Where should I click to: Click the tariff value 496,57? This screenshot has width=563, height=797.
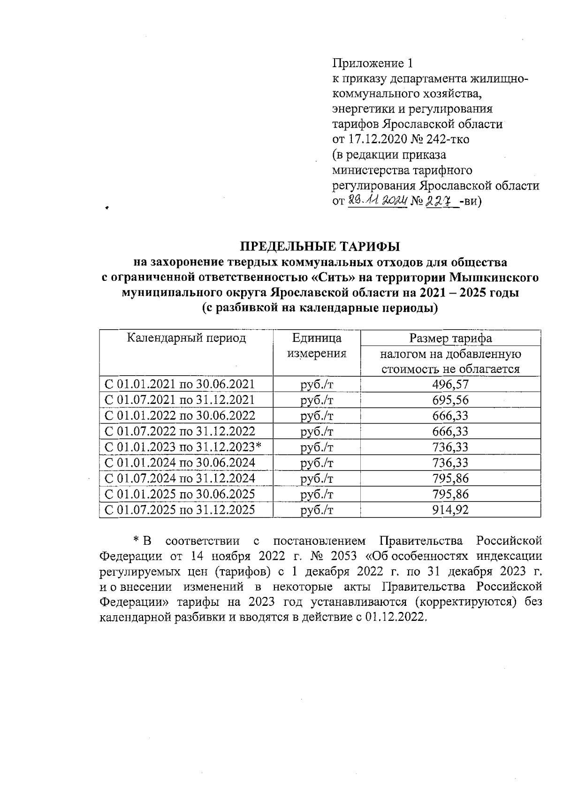click(450, 384)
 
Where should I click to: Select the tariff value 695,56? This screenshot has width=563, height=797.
click(450, 400)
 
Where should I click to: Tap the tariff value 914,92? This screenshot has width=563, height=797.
click(450, 510)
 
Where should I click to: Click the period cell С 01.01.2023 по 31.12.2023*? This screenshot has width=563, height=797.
click(183, 447)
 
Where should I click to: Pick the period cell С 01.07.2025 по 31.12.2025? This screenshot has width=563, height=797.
click(180, 510)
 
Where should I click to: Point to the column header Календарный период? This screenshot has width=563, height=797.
click(186, 338)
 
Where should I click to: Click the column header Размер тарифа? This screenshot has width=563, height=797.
click(450, 338)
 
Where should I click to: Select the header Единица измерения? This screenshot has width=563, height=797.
click(317, 346)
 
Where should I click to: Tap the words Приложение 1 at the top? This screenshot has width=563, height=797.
click(373, 63)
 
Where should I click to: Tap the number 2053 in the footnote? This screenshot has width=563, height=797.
click(344, 556)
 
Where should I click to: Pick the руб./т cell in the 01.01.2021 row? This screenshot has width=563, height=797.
click(317, 384)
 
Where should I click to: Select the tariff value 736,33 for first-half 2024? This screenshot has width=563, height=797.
click(450, 463)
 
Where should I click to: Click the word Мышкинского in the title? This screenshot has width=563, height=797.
click(494, 277)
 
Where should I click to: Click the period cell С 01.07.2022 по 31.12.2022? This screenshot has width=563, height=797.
click(180, 431)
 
